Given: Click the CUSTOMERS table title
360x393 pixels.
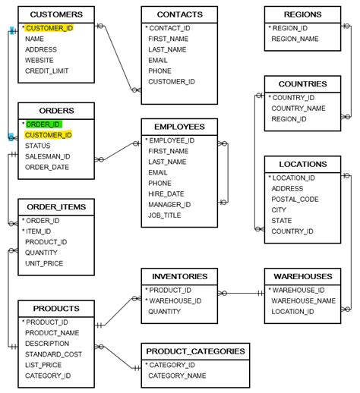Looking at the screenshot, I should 56,14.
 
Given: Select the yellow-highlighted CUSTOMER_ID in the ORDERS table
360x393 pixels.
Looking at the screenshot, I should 48,135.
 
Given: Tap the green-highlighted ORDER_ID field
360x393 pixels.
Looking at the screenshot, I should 43,124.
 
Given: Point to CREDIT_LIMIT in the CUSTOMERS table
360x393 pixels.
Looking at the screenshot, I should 47,71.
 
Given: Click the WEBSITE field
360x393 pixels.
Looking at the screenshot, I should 39,60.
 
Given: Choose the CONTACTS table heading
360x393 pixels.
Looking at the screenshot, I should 179,14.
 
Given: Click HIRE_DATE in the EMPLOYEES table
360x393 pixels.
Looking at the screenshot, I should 166,193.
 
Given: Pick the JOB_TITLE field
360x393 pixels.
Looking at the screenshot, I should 165,215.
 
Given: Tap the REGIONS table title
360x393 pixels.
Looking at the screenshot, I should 302,14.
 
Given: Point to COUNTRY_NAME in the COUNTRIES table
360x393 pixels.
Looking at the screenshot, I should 298,108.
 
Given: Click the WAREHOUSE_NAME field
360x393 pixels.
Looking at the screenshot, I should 303,300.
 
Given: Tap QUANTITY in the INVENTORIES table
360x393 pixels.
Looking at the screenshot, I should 165,311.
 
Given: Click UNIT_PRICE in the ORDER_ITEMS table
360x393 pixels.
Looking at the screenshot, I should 44,263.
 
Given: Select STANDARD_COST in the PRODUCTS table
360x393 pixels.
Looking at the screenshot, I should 54,354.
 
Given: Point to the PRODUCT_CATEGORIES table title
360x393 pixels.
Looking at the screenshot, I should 195,351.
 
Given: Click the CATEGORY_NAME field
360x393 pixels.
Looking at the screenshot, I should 177,376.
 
